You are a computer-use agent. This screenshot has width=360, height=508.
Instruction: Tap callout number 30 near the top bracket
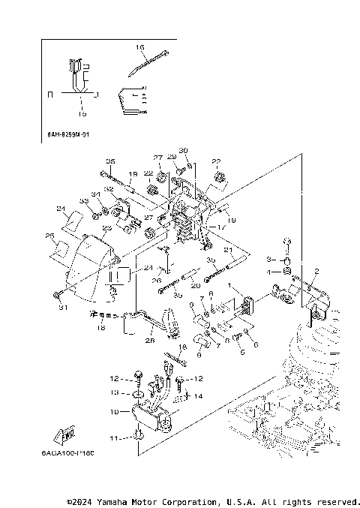(183, 151)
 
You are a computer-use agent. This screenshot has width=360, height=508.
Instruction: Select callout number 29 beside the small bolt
(172, 157)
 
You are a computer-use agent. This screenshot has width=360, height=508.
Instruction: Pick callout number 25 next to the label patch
(50, 236)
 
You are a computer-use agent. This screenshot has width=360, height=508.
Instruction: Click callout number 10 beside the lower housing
(115, 411)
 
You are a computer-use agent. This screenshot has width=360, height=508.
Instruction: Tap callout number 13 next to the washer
(115, 392)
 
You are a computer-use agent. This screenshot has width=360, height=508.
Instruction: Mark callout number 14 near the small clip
(198, 395)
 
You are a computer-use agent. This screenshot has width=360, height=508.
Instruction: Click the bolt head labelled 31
(58, 294)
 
